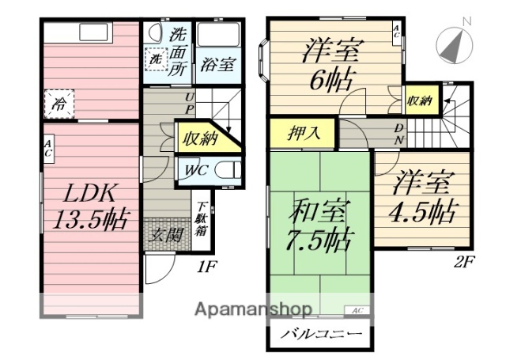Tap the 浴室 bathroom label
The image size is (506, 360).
[217, 63]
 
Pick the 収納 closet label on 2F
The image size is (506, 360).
[420, 100]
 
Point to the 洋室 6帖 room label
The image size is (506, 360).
[330, 65]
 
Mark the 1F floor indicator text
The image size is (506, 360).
[206, 267]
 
